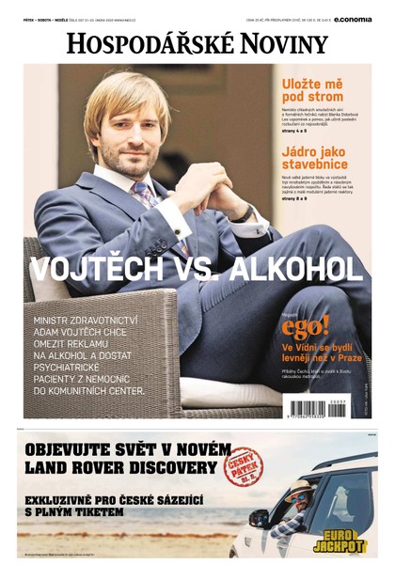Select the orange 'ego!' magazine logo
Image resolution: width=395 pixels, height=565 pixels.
point(305,326)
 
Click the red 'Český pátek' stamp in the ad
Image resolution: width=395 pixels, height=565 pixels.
point(244,465)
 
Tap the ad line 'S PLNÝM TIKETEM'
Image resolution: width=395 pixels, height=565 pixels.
point(74,512)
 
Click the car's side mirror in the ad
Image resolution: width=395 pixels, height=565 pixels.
point(260,517)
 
